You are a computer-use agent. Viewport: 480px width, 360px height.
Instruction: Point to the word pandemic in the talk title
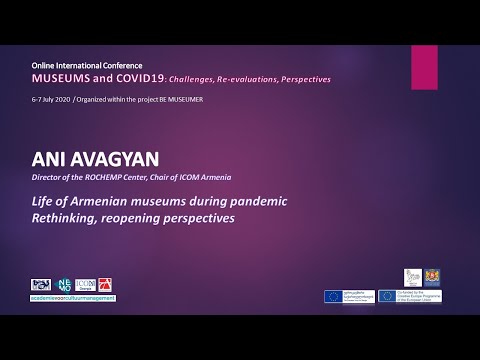[256, 201]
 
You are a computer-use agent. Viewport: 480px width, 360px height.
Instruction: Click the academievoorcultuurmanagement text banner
[73, 298]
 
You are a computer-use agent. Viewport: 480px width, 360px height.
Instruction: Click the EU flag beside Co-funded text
[389, 295]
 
